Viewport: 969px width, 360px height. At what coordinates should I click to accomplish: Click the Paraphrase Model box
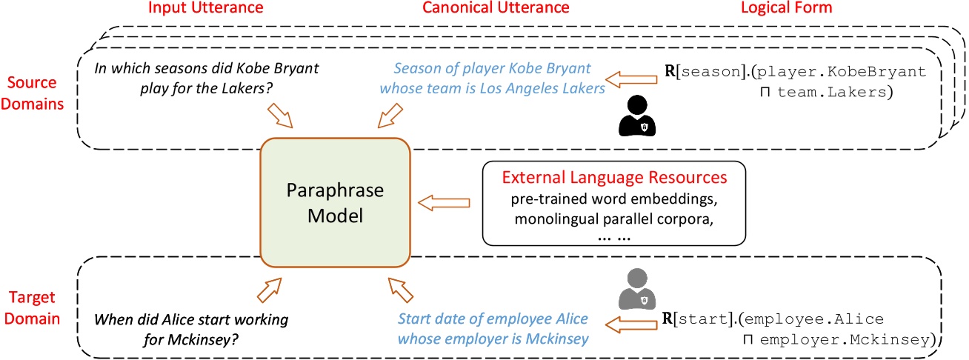click(x=336, y=202)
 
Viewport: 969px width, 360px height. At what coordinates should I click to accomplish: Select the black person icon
click(x=637, y=116)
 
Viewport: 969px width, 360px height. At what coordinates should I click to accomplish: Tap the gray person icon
click(x=637, y=289)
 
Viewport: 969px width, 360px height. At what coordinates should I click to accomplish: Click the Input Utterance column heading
click(x=205, y=8)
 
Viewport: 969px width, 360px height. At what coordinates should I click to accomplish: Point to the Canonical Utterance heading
click(x=496, y=8)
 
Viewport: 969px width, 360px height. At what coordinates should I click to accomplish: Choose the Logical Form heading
click(x=787, y=8)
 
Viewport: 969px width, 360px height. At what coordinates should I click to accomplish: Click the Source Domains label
click(x=32, y=93)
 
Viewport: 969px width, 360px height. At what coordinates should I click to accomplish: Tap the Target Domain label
click(x=32, y=307)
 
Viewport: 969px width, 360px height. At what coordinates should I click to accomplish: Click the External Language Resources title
click(x=614, y=177)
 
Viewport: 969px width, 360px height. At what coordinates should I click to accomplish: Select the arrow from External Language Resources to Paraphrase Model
click(x=444, y=202)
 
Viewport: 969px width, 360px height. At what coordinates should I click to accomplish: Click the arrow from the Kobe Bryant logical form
click(x=631, y=79)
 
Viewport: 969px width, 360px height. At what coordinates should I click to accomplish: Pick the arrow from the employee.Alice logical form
click(x=631, y=324)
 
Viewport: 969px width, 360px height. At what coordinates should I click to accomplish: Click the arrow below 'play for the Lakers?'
click(x=280, y=116)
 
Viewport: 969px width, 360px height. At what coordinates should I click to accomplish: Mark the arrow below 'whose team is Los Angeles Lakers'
click(x=390, y=116)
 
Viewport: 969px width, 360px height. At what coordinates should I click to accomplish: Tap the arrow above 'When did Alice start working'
click(x=269, y=290)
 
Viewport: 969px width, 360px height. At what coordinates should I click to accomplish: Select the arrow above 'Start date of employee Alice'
click(x=401, y=290)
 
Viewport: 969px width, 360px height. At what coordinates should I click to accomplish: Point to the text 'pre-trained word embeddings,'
click(x=614, y=199)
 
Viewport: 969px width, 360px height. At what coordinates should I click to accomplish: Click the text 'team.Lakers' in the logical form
click(x=832, y=92)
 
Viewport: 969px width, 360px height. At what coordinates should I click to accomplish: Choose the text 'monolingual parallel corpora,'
click(x=614, y=219)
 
